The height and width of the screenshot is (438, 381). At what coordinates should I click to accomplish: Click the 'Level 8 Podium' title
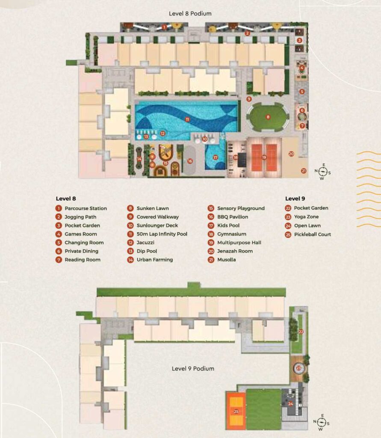coord(190,13)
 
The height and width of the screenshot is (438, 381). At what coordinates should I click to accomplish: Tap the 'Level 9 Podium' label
coord(193,368)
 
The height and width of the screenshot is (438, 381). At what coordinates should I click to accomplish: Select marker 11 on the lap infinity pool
coord(187,119)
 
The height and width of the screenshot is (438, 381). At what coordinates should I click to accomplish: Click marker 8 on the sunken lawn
coord(268,117)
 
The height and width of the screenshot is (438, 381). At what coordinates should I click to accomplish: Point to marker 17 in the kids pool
coord(216,157)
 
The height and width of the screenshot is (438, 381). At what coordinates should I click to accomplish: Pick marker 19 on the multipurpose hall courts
coord(264,157)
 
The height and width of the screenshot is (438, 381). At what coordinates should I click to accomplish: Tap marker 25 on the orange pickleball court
coord(236,411)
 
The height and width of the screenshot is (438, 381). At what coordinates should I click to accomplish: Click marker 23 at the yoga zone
coord(298,368)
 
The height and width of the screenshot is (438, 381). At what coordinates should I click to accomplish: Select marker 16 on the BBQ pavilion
coord(190,161)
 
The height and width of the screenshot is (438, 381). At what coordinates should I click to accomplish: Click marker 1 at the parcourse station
coord(164,27)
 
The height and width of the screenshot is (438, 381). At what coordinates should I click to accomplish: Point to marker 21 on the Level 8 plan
coord(304,171)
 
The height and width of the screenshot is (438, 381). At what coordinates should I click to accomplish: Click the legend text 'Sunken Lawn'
coord(153,208)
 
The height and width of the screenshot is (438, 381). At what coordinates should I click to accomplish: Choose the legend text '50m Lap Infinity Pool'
coord(162,234)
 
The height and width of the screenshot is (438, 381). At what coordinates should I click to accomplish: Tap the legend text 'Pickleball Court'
coord(313,234)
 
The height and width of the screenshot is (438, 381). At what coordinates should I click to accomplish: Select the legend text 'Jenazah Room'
coord(235,251)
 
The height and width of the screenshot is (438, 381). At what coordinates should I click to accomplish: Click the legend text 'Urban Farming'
coord(155,260)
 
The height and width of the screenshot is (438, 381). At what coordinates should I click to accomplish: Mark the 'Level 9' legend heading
coord(295,198)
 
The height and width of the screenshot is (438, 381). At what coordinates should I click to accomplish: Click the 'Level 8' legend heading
coord(66,198)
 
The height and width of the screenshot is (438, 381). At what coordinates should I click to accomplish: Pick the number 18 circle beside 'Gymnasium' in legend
coord(211,234)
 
